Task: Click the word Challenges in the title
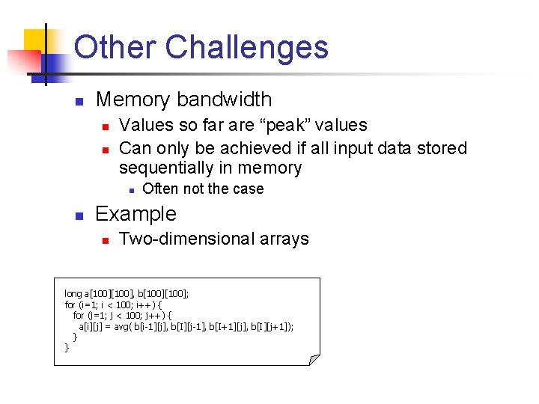246,47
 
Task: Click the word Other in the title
115,47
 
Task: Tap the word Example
136,214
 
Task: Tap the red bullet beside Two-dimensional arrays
106,240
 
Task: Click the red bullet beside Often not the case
130,189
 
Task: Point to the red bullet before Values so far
106,126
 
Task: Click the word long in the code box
73,293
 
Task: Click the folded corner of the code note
314,360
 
